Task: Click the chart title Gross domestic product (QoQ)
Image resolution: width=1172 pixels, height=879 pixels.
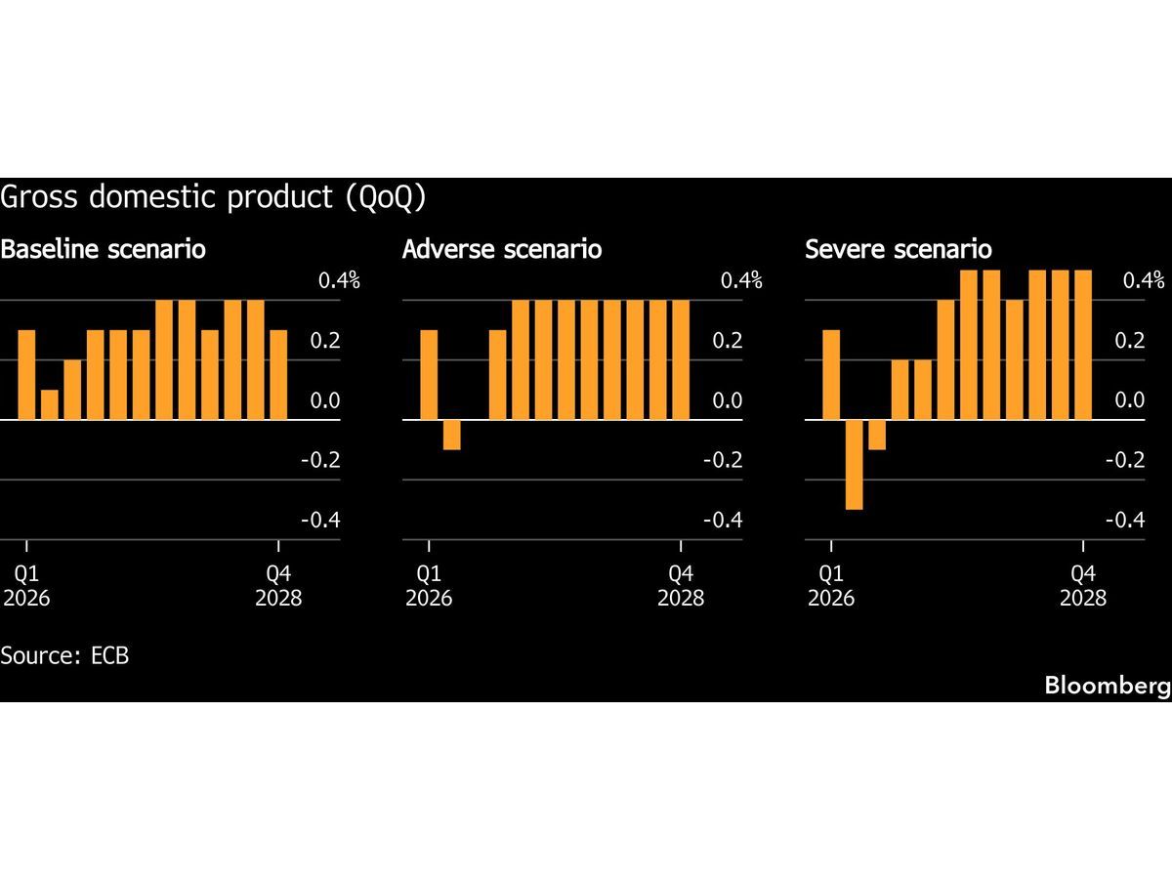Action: [213, 197]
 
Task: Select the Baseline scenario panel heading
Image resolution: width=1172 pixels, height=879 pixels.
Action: [104, 249]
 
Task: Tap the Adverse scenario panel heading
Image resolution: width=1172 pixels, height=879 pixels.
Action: [502, 249]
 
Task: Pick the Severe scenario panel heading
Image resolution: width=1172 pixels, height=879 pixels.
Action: [899, 249]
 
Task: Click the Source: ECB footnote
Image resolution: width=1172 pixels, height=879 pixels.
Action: [64, 654]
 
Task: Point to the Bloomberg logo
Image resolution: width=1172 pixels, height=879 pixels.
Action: [1107, 686]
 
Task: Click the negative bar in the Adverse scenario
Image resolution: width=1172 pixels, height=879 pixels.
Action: [451, 435]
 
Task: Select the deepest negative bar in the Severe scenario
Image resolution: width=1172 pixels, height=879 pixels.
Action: [854, 464]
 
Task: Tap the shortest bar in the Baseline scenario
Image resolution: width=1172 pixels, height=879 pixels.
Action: [49, 404]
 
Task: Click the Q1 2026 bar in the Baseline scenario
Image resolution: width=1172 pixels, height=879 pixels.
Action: [26, 375]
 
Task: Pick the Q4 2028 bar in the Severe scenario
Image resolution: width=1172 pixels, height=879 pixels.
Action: [1083, 345]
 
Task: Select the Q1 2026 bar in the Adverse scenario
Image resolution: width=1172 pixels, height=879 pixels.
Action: [429, 375]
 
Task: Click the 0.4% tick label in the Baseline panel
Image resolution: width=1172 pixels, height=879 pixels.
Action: [339, 281]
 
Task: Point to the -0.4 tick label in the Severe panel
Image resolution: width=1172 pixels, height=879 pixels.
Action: [1124, 521]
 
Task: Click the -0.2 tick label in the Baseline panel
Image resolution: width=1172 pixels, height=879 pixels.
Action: [320, 460]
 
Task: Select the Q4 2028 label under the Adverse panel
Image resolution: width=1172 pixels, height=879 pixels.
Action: [681, 585]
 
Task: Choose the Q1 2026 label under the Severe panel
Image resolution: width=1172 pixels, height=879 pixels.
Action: [831, 585]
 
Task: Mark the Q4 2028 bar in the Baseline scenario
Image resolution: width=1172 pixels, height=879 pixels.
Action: [278, 375]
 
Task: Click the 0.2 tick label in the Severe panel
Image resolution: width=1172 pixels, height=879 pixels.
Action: [1131, 341]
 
